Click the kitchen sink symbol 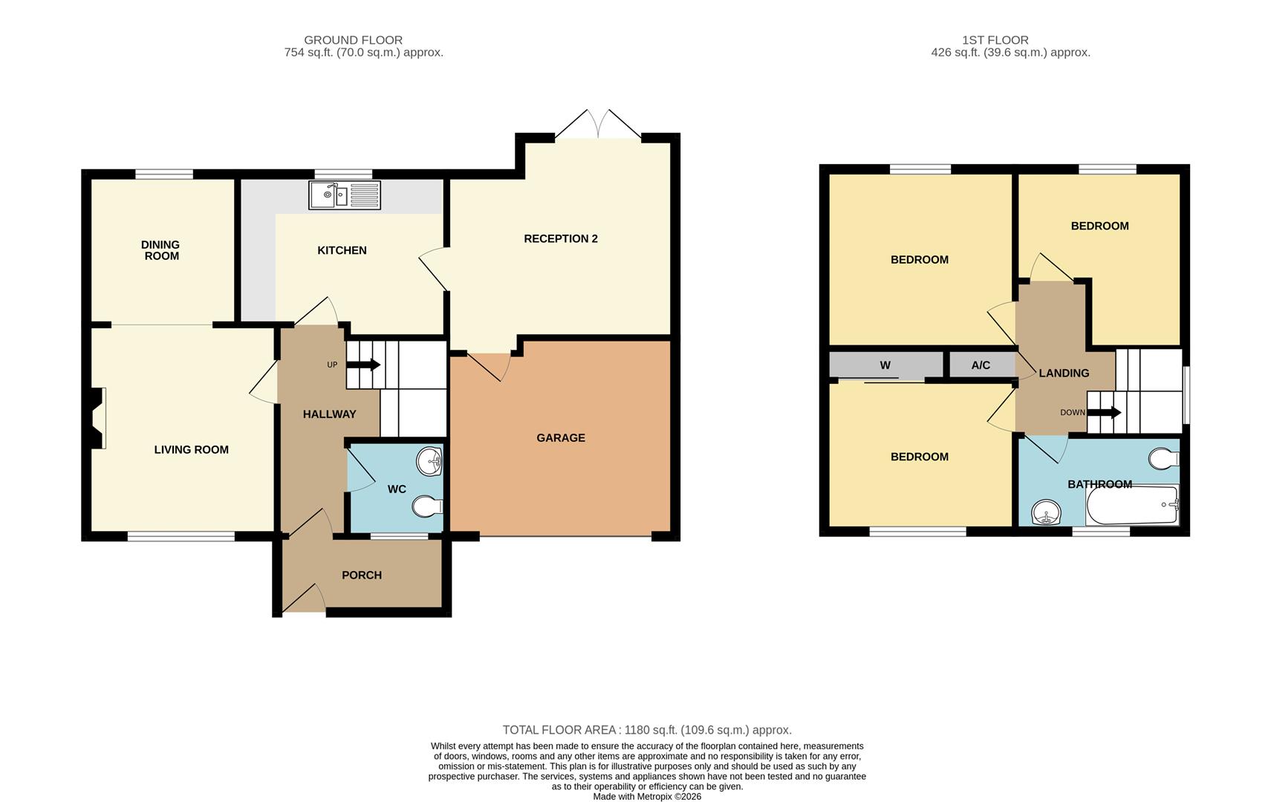[345, 195]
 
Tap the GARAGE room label [561, 438]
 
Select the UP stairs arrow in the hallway [363, 365]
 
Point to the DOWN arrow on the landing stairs [1104, 412]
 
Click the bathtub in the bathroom [1133, 504]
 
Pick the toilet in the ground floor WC [428, 506]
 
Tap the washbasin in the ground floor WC [429, 462]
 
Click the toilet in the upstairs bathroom [1164, 458]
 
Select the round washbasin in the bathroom [1047, 512]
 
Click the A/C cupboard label [981, 365]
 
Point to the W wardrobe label [885, 365]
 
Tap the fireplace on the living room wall [97, 418]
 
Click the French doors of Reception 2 [598, 124]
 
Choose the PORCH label [362, 575]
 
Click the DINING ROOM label [160, 250]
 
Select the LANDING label [1064, 374]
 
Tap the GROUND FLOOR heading [353, 40]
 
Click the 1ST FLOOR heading [995, 40]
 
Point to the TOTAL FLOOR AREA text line [647, 730]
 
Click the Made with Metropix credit [647, 796]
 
